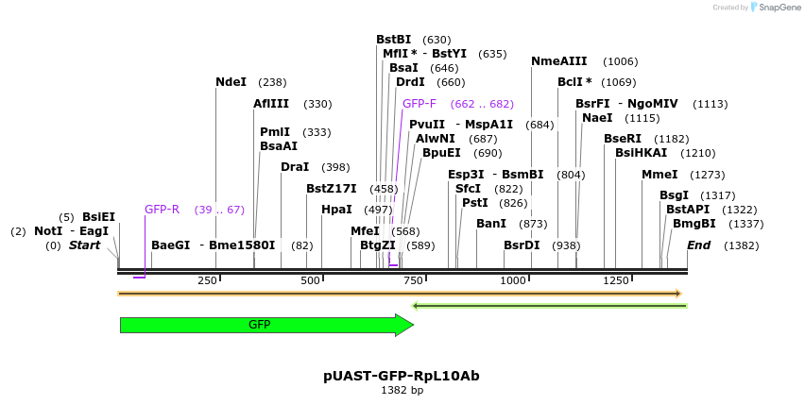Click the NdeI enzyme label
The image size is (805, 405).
point(231,82)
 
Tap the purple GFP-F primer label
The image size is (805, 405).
point(419,104)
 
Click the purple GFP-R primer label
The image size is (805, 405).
point(162,210)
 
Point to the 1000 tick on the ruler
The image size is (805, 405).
point(513,280)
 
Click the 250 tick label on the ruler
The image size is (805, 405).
point(207,280)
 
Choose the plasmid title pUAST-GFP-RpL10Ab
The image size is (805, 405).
point(402,376)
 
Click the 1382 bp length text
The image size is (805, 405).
point(402,390)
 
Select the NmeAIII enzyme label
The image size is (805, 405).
point(558,61)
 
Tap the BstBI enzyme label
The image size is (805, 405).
point(393,40)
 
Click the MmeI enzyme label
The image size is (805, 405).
point(659,175)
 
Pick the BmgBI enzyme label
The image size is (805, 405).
point(694,224)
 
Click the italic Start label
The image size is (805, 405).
point(84,245)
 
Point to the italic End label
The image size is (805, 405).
point(698,245)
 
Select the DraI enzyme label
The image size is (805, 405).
point(295,167)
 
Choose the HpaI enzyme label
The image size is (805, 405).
point(336,210)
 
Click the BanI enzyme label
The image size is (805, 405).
point(491,224)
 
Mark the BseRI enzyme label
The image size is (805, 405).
point(623,139)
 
